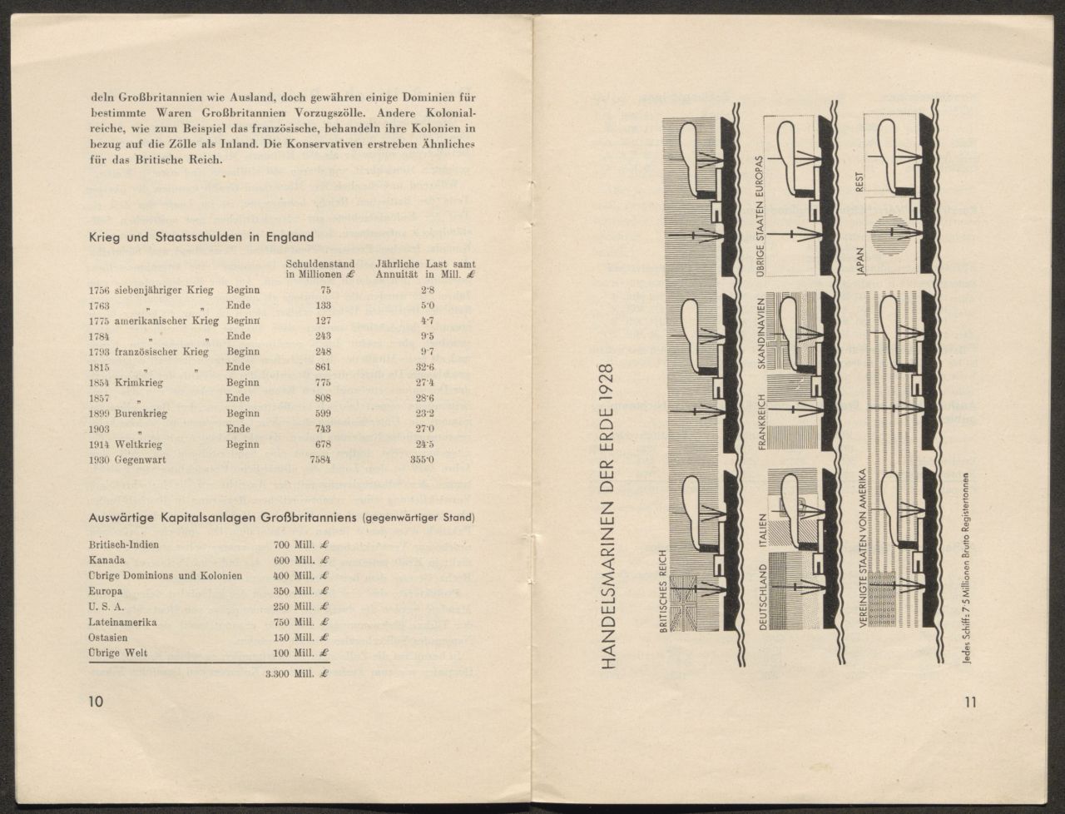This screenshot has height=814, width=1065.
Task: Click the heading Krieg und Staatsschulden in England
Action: click(x=201, y=236)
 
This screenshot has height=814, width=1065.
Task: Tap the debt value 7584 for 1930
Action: click(x=320, y=460)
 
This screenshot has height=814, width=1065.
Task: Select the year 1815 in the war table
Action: click(x=99, y=367)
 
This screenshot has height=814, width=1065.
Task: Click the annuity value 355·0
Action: click(x=422, y=460)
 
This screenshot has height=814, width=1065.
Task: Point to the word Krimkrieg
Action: click(x=139, y=383)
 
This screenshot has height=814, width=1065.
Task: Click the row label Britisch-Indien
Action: click(x=123, y=544)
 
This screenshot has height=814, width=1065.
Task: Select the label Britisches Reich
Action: click(x=663, y=593)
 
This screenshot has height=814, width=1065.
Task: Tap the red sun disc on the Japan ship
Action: click(x=885, y=236)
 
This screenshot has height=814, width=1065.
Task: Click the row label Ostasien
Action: click(x=107, y=638)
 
